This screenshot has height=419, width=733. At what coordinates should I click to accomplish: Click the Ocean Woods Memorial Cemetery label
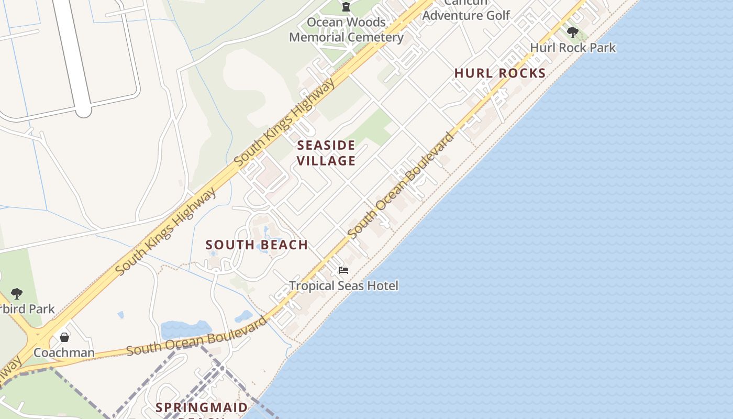[x=346, y=30]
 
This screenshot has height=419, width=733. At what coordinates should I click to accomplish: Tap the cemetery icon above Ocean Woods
[x=346, y=7]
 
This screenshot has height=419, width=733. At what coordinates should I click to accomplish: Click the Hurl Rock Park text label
[x=573, y=48]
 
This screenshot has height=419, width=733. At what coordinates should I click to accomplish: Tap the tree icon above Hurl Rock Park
[x=573, y=32]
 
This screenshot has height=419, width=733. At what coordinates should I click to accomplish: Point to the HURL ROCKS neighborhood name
[x=500, y=73]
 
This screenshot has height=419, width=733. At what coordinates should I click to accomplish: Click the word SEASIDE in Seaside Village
[x=326, y=145]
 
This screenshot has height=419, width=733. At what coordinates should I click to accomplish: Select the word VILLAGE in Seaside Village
[x=326, y=161]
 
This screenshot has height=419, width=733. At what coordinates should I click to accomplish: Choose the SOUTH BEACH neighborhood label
[x=257, y=245]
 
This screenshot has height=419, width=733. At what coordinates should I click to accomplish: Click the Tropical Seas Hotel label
[x=343, y=286]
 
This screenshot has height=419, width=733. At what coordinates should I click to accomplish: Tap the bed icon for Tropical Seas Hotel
[x=343, y=270]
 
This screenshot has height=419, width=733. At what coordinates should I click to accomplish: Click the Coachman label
[x=64, y=352]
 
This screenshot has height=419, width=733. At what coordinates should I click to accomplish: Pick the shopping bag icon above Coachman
[x=64, y=337]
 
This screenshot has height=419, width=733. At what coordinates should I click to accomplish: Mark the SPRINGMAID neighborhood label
[x=202, y=407]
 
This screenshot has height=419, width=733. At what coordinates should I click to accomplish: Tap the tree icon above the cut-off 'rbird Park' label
[x=17, y=293]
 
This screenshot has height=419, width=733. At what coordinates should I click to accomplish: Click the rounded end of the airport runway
[x=83, y=111]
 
